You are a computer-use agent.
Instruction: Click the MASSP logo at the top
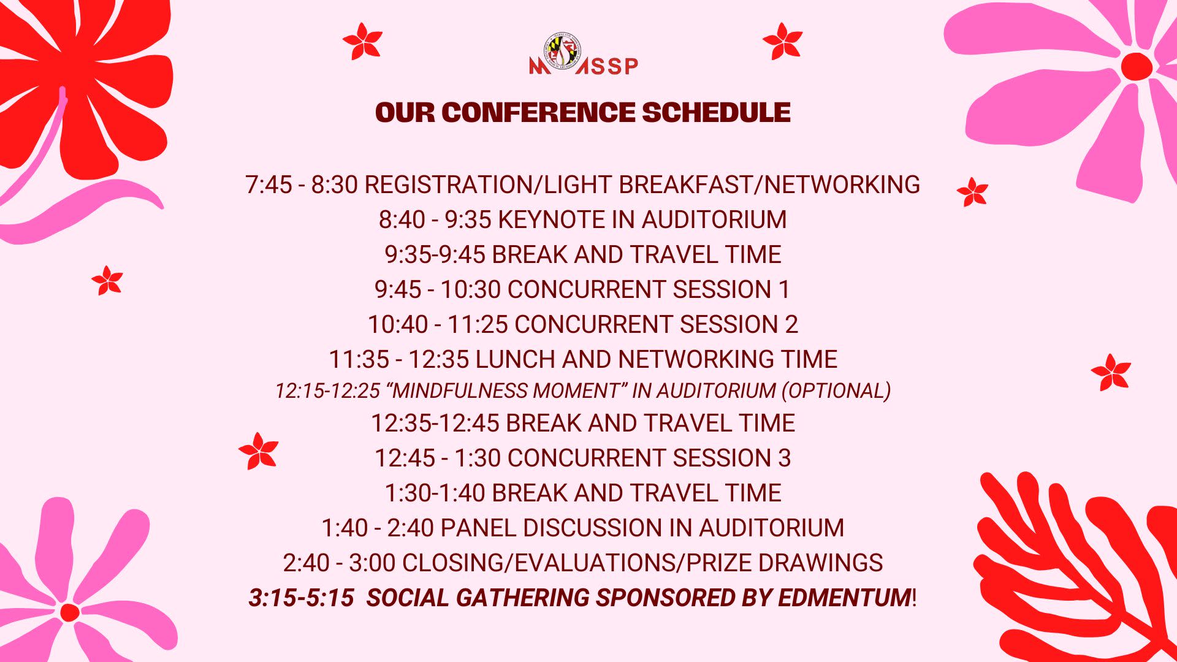click(x=584, y=55)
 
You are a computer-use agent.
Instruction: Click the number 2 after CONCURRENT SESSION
click(x=791, y=324)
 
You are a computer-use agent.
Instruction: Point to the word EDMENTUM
click(x=844, y=598)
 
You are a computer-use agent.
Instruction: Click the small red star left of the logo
click(x=362, y=41)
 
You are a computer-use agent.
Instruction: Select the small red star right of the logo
click(x=782, y=41)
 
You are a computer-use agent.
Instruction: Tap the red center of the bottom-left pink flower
click(x=70, y=612)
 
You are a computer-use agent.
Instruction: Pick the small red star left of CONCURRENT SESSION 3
click(x=258, y=451)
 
